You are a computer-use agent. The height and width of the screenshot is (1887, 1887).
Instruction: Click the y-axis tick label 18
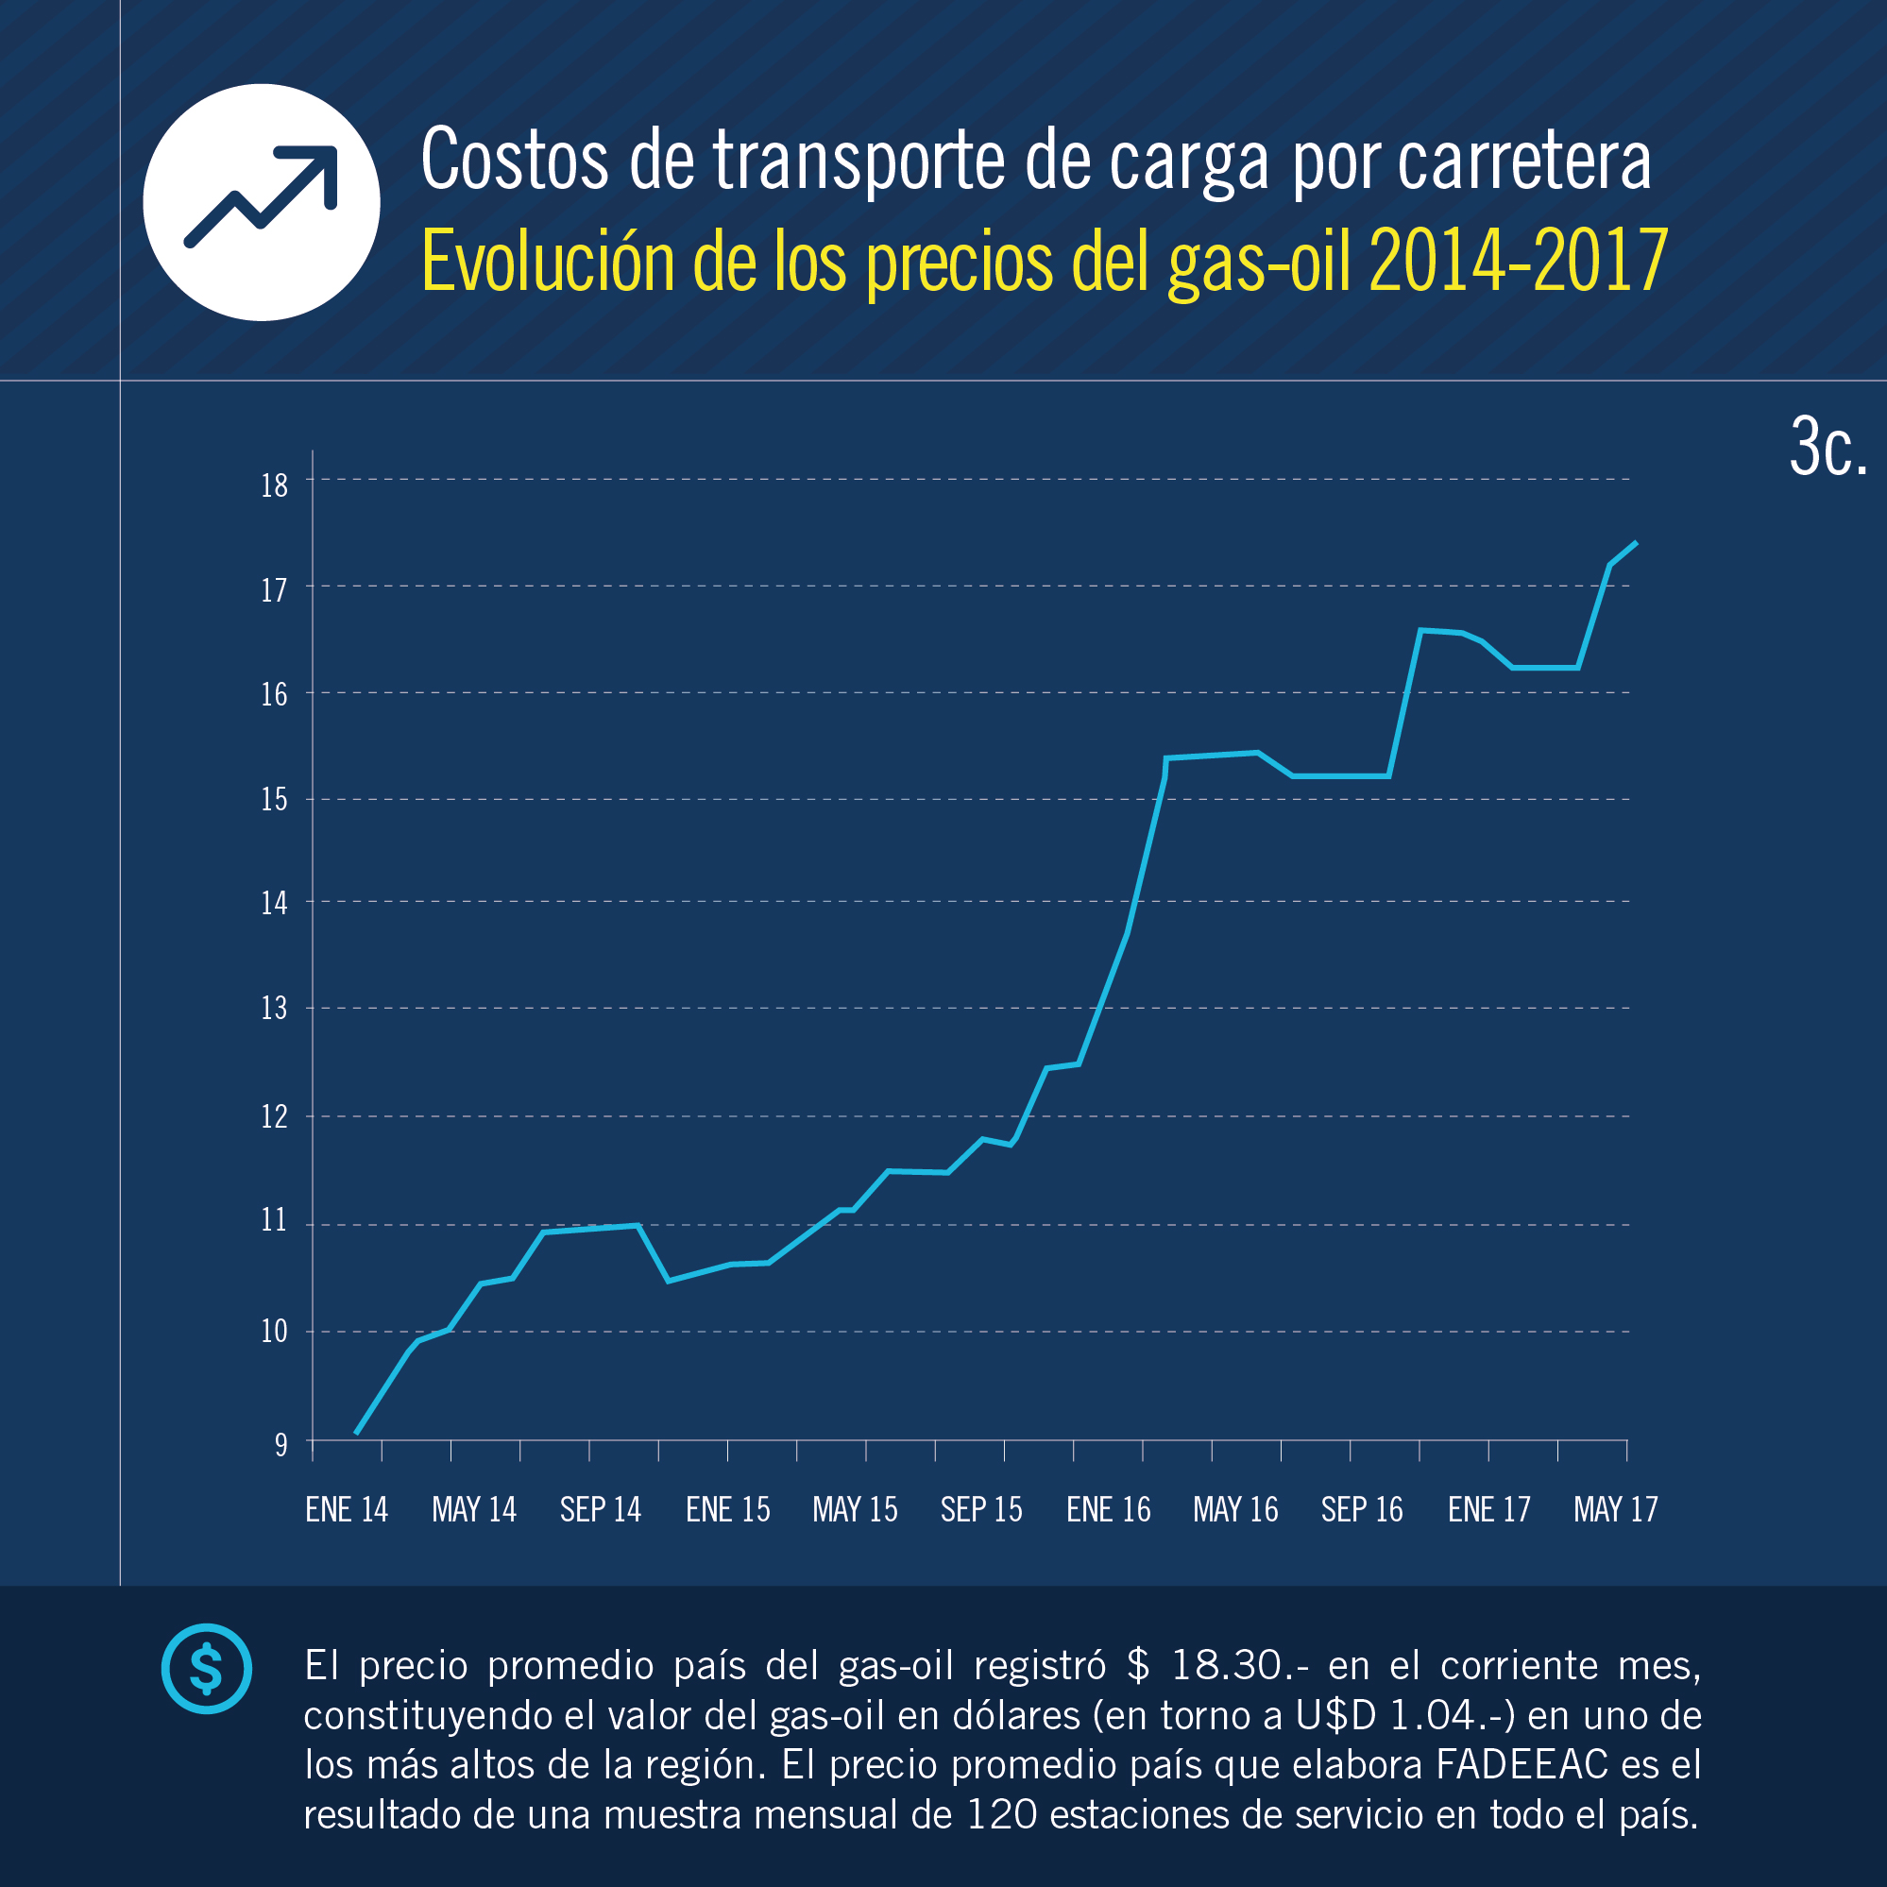pyautogui.click(x=275, y=485)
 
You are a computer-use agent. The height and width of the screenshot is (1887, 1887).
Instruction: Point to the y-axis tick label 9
pyautogui.click(x=281, y=1445)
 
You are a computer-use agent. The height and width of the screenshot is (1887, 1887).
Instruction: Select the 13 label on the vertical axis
pyautogui.click(x=275, y=1008)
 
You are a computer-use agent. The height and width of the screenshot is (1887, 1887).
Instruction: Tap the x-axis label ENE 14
pyautogui.click(x=347, y=1510)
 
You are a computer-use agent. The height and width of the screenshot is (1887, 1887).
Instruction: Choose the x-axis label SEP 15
pyautogui.click(x=981, y=1510)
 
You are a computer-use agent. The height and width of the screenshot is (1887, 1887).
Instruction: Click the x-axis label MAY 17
pyautogui.click(x=1616, y=1510)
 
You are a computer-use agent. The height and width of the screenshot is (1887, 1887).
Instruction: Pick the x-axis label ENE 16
pyautogui.click(x=1109, y=1510)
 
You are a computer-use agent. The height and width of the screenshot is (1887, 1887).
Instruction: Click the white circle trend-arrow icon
pyautogui.click(x=262, y=202)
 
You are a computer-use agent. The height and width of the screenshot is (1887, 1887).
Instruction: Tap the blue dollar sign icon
pyautogui.click(x=206, y=1668)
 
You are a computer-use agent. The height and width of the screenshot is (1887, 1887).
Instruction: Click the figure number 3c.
pyautogui.click(x=1827, y=449)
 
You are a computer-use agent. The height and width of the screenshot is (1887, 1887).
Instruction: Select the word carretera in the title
pyautogui.click(x=1524, y=161)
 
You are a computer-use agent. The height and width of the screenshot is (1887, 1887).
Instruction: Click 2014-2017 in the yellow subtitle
pyautogui.click(x=1519, y=261)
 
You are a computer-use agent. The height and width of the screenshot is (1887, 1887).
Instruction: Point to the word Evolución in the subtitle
pyautogui.click(x=548, y=261)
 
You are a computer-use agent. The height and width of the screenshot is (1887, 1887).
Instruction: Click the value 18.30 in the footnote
pyautogui.click(x=1227, y=1665)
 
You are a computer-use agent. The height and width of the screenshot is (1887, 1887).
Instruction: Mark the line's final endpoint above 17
pyautogui.click(x=1636, y=542)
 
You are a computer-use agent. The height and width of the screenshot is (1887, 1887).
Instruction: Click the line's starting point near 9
pyautogui.click(x=356, y=1433)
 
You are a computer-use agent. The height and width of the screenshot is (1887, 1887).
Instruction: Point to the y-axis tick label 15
pyautogui.click(x=275, y=800)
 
